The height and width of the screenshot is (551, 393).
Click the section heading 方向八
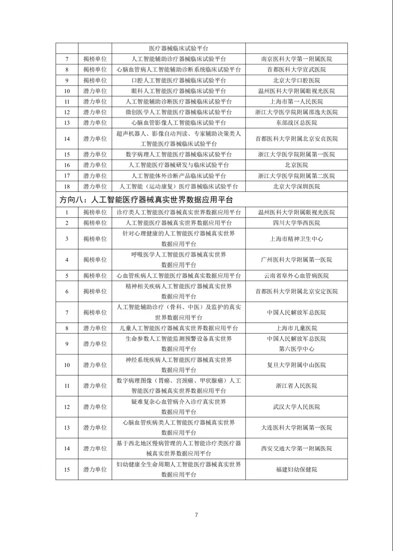coord(146,199)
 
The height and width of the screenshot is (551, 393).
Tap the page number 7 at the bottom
coord(196,515)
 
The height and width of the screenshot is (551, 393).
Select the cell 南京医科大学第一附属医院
coord(297,59)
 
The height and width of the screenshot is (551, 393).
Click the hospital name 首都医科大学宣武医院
coord(297,70)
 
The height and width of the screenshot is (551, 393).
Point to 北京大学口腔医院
coord(297,80)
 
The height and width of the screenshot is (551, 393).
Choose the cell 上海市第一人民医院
coord(297,102)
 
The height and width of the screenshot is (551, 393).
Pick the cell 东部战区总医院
coord(297,123)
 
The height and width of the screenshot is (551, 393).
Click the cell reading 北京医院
coord(297,165)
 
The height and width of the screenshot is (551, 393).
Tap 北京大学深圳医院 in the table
coord(297,187)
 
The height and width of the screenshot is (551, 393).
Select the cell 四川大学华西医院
coord(297,223)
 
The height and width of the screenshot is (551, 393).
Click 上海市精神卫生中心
coord(297,239)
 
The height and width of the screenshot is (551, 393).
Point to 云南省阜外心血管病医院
coord(297,276)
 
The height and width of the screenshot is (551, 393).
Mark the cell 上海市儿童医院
coord(297,328)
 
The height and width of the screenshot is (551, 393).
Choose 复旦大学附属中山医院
coord(297,365)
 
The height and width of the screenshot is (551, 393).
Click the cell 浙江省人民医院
coord(297,386)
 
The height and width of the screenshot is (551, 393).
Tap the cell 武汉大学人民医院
coord(297,407)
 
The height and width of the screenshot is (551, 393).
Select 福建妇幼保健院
coord(297,470)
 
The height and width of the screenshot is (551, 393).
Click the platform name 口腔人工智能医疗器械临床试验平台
coord(179,80)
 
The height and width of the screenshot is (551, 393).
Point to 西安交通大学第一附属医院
coord(297,449)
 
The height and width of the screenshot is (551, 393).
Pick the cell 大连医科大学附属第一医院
coord(297,428)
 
